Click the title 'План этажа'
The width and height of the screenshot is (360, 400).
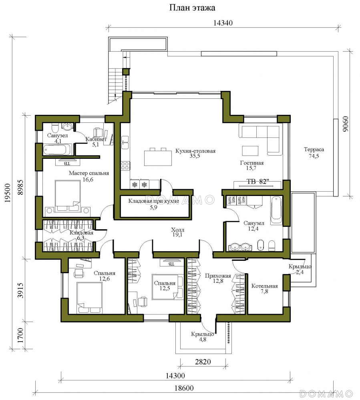(192, 8)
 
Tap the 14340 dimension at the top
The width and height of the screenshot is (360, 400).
(223, 23)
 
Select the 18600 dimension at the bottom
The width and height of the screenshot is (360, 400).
(184, 388)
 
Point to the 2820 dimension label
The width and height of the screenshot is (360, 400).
(203, 362)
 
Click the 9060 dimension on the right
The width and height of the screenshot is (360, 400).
(345, 124)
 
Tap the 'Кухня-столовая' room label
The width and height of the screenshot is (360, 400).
(195, 151)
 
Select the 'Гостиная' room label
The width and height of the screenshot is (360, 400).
(252, 163)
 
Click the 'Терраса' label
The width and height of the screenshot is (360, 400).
(314, 150)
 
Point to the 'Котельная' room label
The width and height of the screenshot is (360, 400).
(265, 286)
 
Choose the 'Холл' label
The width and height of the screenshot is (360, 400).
(178, 230)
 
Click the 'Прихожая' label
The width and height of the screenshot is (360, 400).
(218, 276)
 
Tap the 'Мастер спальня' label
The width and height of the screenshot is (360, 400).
(89, 173)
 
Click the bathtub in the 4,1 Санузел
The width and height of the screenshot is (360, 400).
(57, 150)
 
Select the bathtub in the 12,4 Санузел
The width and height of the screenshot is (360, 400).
(276, 210)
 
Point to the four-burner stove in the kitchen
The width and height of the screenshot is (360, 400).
(125, 166)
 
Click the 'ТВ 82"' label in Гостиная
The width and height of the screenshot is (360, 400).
(257, 181)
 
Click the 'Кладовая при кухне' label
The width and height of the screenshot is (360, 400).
(153, 201)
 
